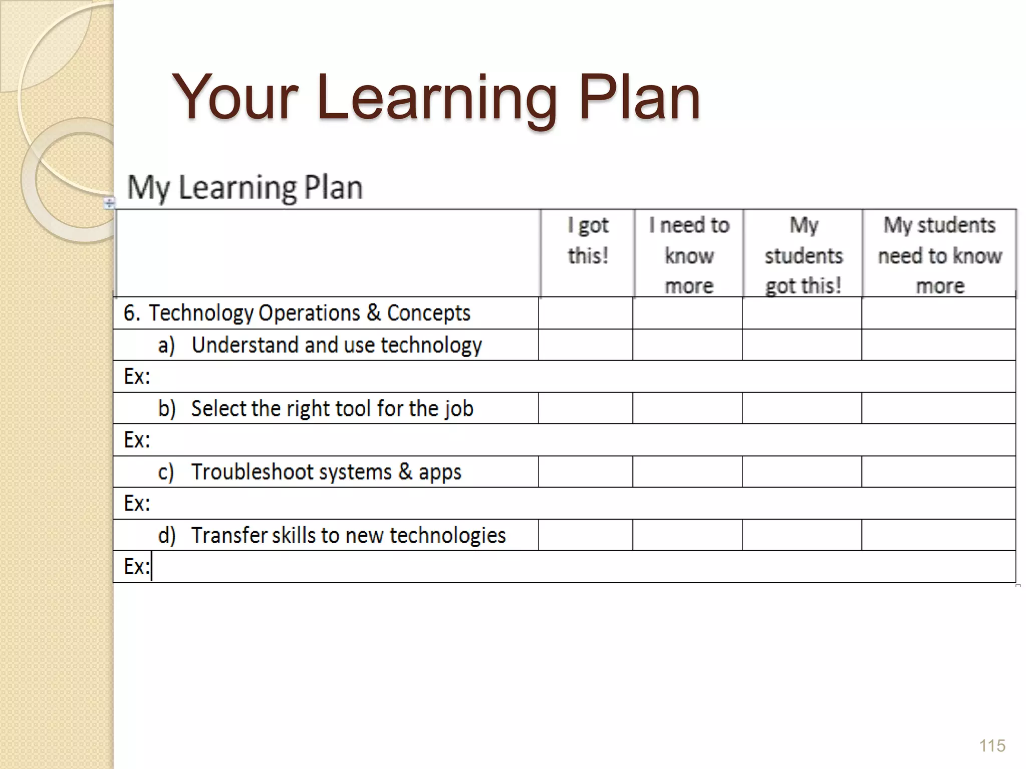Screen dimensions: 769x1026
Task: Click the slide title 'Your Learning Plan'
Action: (436, 97)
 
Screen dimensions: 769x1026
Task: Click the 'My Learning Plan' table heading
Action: (244, 187)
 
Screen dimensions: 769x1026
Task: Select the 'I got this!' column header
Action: (588, 240)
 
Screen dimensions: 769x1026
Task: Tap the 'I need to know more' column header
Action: (689, 255)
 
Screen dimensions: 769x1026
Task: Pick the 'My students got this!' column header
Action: (803, 255)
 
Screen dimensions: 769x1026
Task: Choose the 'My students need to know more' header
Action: (940, 255)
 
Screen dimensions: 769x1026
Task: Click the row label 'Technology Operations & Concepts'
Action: (309, 313)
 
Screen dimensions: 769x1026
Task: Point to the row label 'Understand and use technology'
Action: (336, 345)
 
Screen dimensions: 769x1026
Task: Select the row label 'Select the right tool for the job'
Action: (332, 409)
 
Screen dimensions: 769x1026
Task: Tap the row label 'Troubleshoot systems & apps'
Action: (326, 472)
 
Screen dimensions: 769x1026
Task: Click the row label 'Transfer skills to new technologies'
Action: (348, 535)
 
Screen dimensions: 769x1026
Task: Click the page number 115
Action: (992, 745)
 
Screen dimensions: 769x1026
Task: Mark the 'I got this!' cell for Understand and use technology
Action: (586, 345)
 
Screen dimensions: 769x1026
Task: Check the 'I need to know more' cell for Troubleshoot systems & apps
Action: (687, 472)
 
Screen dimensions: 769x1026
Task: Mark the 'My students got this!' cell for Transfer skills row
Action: (802, 535)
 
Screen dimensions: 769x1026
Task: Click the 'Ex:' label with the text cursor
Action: (137, 567)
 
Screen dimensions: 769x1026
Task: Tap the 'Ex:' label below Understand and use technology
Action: (137, 376)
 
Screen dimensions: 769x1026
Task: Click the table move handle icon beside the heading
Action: (109, 203)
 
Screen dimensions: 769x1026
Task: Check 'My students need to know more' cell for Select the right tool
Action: (939, 409)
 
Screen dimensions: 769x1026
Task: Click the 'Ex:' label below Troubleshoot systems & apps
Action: (137, 503)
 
